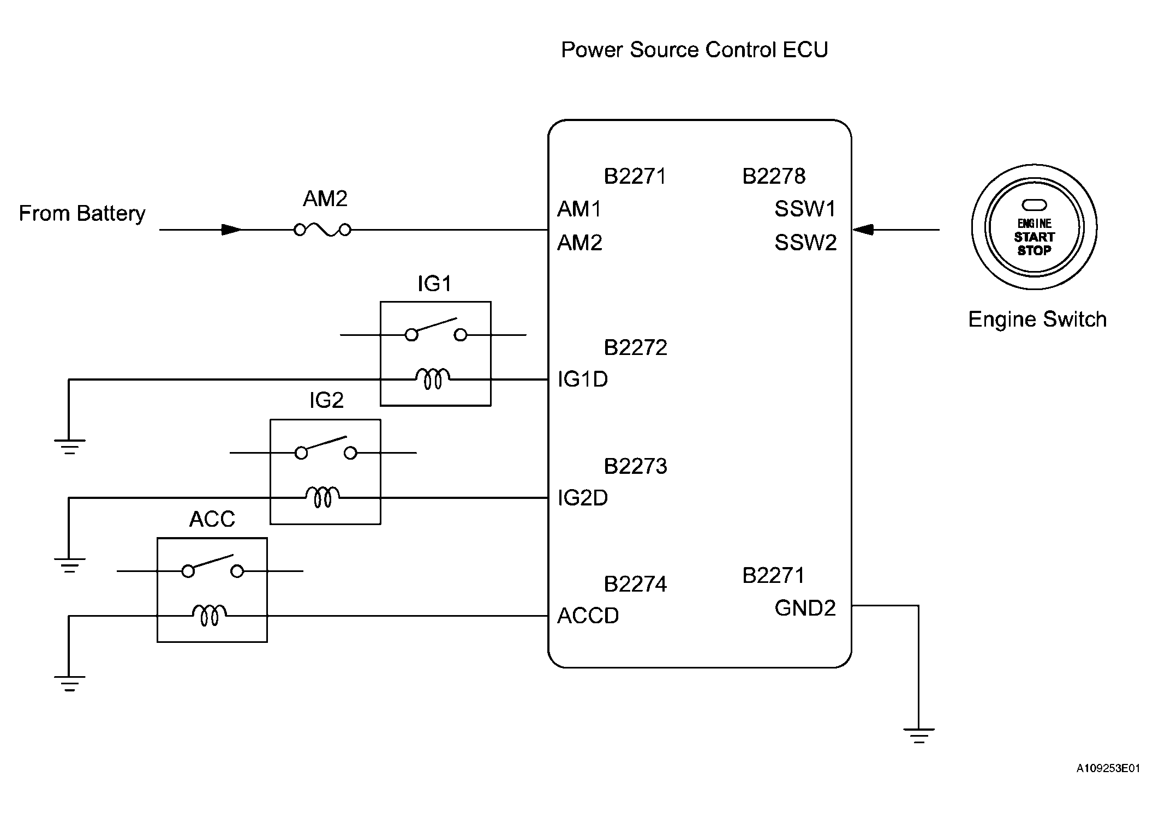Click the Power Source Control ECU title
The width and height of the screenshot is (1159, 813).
pyautogui.click(x=695, y=50)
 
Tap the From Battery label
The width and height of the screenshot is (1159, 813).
pyautogui.click(x=82, y=213)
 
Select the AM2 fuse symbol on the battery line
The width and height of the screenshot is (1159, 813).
pyautogui.click(x=322, y=230)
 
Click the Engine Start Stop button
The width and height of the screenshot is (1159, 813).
pyautogui.click(x=1034, y=227)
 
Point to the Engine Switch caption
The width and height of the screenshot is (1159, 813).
pyautogui.click(x=1037, y=320)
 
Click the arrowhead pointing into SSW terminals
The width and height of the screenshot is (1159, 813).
pyautogui.click(x=863, y=230)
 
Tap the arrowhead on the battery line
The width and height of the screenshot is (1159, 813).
pyautogui.click(x=231, y=230)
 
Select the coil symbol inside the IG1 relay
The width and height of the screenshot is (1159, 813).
pyautogui.click(x=433, y=378)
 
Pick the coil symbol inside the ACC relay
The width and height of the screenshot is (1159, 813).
pyautogui.click(x=210, y=615)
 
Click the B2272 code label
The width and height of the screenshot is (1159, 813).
pyautogui.click(x=635, y=348)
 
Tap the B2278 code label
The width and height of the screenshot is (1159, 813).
pyautogui.click(x=774, y=176)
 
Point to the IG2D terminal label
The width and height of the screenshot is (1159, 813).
pyautogui.click(x=582, y=498)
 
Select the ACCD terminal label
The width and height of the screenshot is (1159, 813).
pyautogui.click(x=588, y=616)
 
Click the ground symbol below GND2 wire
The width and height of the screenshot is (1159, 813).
pyautogui.click(x=919, y=736)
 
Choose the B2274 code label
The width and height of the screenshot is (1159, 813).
pyautogui.click(x=635, y=585)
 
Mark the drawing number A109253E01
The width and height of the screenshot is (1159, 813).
pyautogui.click(x=1108, y=768)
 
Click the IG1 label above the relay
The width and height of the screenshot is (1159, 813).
pyautogui.click(x=434, y=284)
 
